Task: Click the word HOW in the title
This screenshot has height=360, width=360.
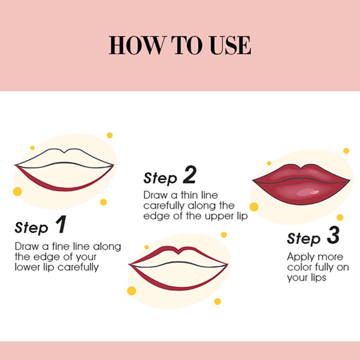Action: (138, 45)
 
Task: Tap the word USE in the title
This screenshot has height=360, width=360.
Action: (230, 45)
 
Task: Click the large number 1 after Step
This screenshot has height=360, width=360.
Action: (61, 224)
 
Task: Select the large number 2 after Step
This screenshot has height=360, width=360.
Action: (189, 175)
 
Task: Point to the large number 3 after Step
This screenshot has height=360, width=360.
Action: (333, 235)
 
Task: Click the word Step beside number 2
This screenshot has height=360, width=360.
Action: (160, 178)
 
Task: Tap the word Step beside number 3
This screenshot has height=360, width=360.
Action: (303, 238)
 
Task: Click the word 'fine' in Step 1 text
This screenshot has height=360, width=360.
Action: (61, 246)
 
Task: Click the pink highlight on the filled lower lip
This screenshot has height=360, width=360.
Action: (307, 192)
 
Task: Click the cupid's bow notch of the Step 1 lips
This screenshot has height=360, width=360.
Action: (65, 152)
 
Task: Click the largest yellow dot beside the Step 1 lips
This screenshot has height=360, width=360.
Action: (18, 192)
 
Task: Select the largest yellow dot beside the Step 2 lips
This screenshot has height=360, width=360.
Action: (131, 291)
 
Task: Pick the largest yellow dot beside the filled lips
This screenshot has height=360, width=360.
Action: (254, 207)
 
